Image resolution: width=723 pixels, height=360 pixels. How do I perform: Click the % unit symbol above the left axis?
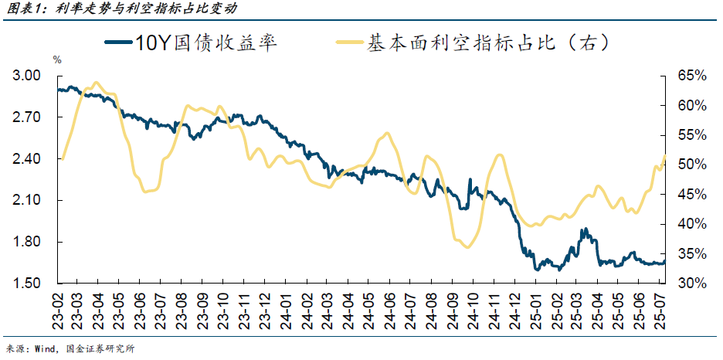(56, 59)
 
